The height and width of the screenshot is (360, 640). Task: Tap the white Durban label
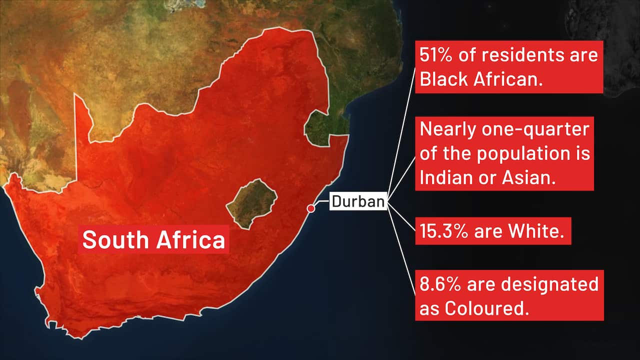click(x=358, y=201)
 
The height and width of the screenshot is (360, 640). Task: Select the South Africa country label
click(x=153, y=240)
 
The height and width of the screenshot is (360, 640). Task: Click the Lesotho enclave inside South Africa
click(x=245, y=203)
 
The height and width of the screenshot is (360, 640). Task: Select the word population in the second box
click(x=524, y=154)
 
